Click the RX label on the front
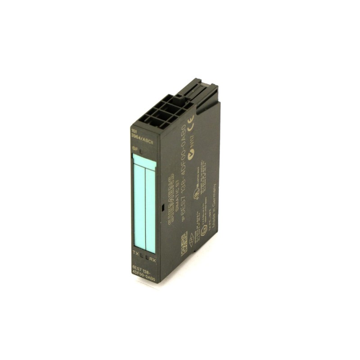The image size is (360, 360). coord(153,260)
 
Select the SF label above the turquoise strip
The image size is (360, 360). coord(134,147)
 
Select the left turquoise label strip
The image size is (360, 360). coord(139,205)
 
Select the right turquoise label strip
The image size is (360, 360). coord(150,209)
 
